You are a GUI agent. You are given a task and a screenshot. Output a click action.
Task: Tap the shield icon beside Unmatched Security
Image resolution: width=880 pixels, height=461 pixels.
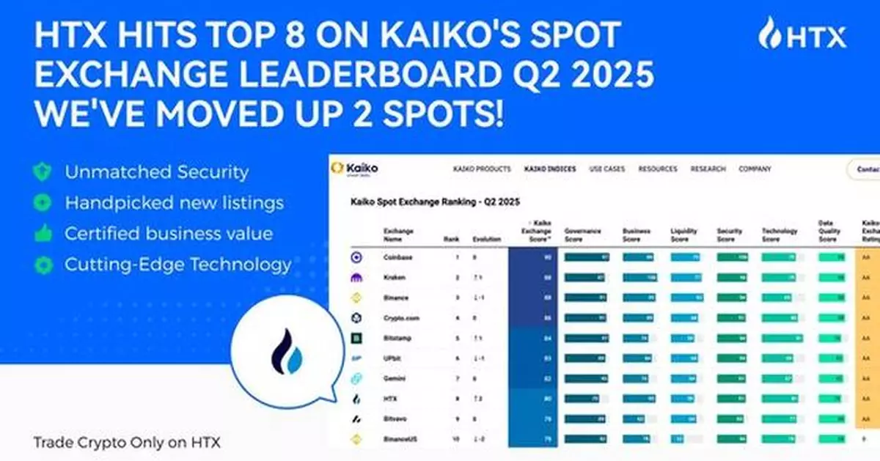coord(43,172)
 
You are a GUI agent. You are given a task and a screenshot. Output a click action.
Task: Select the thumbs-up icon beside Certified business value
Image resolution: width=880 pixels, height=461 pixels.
coord(43,234)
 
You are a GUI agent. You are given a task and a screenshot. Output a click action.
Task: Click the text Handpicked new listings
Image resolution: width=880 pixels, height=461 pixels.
coord(175,202)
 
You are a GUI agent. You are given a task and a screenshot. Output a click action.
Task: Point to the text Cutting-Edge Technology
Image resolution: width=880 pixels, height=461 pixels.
coord(178,264)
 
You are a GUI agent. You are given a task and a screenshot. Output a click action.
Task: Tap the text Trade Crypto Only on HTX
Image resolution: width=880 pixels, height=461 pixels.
coord(126,443)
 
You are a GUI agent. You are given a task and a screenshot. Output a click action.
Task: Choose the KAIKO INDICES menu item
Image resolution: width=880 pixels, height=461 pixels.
coord(549,169)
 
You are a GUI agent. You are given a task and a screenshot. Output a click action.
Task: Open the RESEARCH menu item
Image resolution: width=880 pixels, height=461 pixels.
coord(708,169)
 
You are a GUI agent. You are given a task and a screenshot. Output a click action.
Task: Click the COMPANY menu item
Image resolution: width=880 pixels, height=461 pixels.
coord(755,169)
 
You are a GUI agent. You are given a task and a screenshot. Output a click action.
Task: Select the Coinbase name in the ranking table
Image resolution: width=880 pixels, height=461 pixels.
coord(397,257)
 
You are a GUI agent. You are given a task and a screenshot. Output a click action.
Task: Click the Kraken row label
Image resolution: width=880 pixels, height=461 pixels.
coord(394,278)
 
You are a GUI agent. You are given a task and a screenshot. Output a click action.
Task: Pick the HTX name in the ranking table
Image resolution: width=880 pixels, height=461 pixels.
coord(390,399)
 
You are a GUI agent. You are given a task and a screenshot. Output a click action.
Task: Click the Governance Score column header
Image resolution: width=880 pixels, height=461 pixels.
coord(583,235)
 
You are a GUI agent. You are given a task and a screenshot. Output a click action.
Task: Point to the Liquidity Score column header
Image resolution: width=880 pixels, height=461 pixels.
coord(683,235)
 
